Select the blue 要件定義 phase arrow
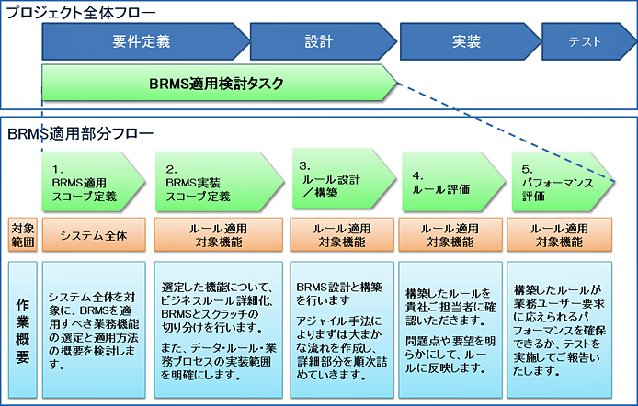pos(142,42)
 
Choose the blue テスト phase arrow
pos(585,42)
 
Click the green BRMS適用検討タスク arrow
pos(216,83)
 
